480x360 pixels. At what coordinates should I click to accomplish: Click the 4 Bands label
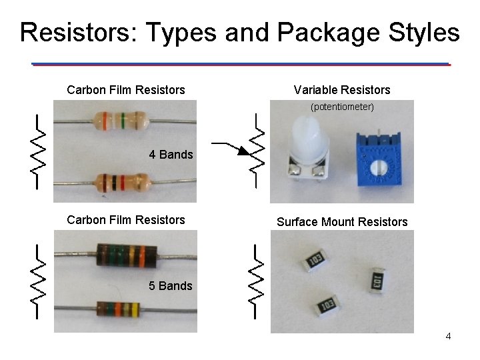(x=171, y=155)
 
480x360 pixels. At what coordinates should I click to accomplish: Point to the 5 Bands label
(x=171, y=286)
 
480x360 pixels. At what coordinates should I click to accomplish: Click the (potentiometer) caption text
(x=342, y=107)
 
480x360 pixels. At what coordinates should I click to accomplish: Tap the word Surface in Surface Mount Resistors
(x=297, y=222)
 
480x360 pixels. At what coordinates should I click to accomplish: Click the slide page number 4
(x=448, y=336)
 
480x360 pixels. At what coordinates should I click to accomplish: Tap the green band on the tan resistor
(x=122, y=121)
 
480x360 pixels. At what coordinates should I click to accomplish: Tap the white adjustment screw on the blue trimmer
(x=379, y=168)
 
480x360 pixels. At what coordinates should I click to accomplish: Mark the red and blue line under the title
(x=241, y=64)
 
